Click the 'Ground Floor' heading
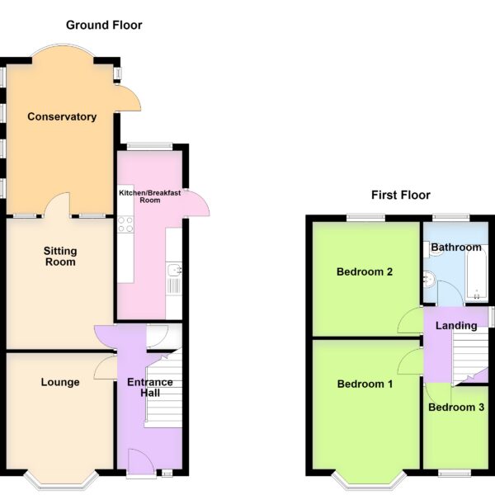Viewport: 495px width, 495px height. [x=104, y=26]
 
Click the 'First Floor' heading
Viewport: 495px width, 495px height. [x=401, y=195]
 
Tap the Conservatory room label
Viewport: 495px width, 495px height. [x=62, y=116]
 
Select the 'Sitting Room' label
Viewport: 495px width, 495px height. [x=60, y=257]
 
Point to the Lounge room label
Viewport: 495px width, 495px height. [x=60, y=382]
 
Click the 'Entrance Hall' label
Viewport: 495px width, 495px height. [x=149, y=388]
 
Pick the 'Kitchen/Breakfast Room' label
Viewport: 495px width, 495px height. [x=149, y=196]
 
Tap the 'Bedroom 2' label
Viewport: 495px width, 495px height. [x=365, y=271]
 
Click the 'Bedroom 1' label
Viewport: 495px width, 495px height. [x=365, y=384]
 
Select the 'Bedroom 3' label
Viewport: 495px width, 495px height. [x=456, y=408]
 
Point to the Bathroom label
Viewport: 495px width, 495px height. [x=456, y=247]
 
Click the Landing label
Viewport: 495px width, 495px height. [x=456, y=326]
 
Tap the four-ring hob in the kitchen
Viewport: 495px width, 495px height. [x=125, y=224]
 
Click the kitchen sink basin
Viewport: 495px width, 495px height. [x=175, y=270]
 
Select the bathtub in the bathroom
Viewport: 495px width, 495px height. [x=478, y=271]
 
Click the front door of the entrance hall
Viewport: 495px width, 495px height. [x=141, y=461]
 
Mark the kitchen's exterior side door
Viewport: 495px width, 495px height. [x=196, y=203]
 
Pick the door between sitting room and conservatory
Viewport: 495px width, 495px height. [x=58, y=205]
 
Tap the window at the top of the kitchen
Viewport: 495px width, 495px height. [x=150, y=147]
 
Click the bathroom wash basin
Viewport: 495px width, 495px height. [x=430, y=280]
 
